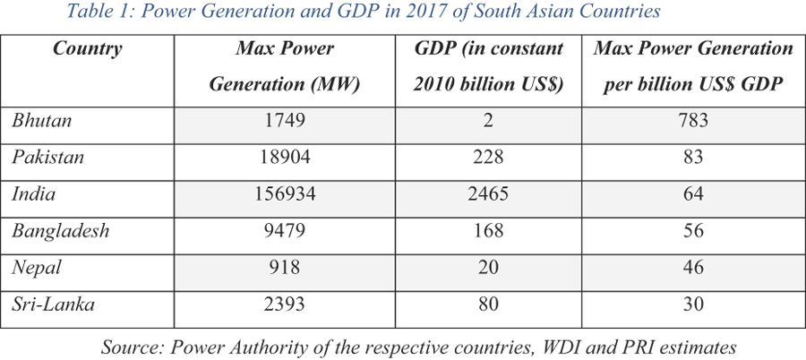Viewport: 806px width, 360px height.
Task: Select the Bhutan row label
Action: [x=42, y=120]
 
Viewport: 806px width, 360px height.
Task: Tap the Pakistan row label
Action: [x=47, y=157]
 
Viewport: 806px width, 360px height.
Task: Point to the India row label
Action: [x=33, y=193]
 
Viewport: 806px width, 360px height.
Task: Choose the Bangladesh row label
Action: [x=60, y=230]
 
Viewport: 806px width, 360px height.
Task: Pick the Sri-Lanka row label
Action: [x=53, y=304]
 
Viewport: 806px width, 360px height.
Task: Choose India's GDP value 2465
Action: [x=489, y=193]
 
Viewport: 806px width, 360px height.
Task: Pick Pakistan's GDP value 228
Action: [x=489, y=157]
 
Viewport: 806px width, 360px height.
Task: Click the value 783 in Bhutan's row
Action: [x=693, y=120]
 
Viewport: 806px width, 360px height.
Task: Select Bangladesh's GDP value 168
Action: [x=489, y=230]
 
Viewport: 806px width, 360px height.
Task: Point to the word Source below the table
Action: [x=129, y=345]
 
